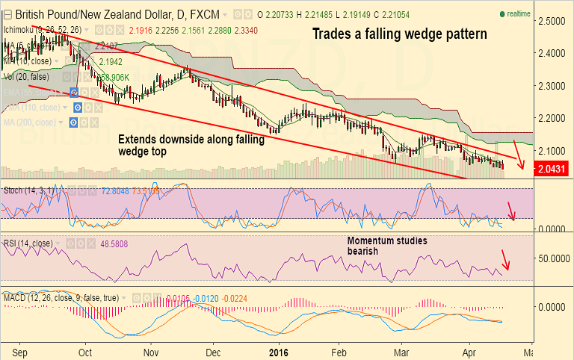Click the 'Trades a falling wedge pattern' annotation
(399, 34)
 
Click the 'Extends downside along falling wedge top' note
(191, 146)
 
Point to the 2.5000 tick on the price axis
(553, 21)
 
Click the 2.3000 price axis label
(553, 86)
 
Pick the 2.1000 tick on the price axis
(553, 150)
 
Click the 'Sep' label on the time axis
(20, 350)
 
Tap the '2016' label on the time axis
(279, 350)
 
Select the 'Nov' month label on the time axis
(152, 350)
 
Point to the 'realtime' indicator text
(518, 13)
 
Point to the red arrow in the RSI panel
(505, 258)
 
